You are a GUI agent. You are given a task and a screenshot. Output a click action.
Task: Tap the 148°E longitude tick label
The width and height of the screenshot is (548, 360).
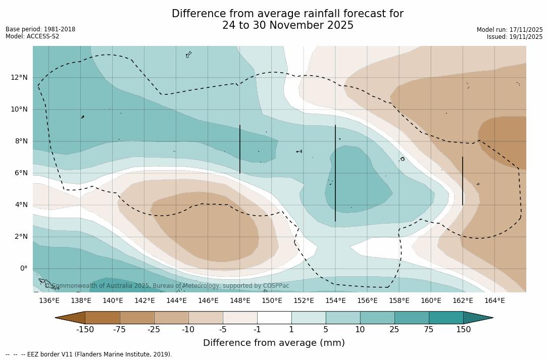[x=240, y=300]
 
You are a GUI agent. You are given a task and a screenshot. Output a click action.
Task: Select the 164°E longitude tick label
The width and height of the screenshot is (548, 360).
[x=494, y=300]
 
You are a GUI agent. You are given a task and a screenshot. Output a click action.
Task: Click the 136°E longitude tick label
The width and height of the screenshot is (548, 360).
[x=49, y=300]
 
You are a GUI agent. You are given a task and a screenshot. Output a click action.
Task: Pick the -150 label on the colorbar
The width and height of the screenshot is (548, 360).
[x=85, y=330]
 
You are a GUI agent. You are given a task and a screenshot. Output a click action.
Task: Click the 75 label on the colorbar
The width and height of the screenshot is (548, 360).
[x=429, y=330]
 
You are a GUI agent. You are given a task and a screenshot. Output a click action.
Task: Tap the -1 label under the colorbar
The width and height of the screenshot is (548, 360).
[x=257, y=330]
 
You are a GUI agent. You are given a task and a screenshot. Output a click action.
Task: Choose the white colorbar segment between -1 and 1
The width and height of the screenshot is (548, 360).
[x=274, y=318]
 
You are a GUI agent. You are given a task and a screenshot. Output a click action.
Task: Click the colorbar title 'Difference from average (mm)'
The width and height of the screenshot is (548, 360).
[x=274, y=343]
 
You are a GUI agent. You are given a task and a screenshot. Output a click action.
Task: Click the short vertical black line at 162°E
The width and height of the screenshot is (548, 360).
[x=463, y=181]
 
